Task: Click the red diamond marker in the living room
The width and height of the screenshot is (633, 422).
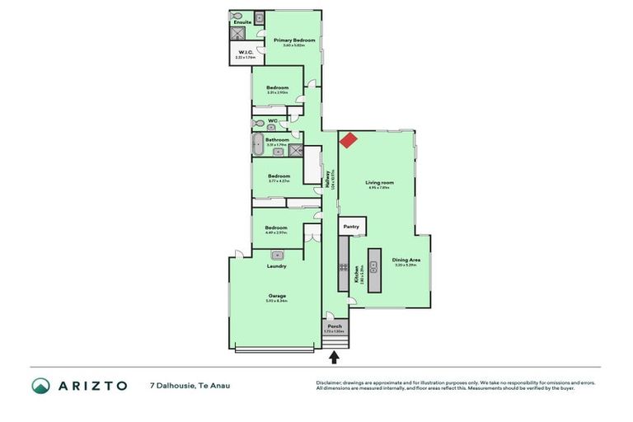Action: coord(349,141)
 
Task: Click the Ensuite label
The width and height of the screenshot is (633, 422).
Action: coord(241,22)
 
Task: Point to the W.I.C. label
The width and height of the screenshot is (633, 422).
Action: coord(244,53)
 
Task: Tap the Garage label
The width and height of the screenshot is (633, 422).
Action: coord(275,296)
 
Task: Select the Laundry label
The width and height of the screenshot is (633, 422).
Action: coord(276,266)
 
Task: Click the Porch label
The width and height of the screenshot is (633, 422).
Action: coord(335,326)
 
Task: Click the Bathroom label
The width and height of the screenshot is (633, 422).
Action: coord(277,140)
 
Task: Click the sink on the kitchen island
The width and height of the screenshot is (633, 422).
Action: coord(373,265)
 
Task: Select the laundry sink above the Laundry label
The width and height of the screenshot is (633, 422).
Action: coord(277,255)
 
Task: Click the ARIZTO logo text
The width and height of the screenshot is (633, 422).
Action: coord(92,386)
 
